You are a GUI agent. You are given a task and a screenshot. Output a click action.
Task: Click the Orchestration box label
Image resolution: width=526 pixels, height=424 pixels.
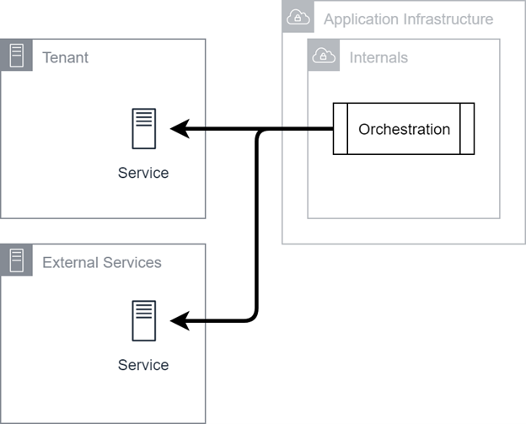pyautogui.click(x=404, y=129)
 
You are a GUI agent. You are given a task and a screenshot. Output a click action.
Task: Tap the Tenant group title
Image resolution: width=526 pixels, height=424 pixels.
pyautogui.click(x=66, y=57)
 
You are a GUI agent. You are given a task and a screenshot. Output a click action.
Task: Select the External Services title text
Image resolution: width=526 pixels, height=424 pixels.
pyautogui.click(x=102, y=262)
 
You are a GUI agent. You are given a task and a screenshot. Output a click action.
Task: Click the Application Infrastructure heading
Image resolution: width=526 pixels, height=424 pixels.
pyautogui.click(x=408, y=19)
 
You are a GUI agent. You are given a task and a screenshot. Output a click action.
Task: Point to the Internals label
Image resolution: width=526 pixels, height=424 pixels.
pyautogui.click(x=378, y=57)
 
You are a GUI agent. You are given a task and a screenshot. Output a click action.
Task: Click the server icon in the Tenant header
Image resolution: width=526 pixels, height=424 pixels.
pyautogui.click(x=17, y=56)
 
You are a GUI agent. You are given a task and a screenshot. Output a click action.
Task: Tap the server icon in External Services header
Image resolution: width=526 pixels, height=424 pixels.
pyautogui.click(x=17, y=260)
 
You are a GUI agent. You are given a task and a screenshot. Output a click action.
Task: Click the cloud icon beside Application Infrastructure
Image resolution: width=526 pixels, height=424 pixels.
pyautogui.click(x=298, y=17)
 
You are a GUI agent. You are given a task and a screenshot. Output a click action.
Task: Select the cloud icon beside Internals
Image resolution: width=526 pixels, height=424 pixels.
pyautogui.click(x=324, y=56)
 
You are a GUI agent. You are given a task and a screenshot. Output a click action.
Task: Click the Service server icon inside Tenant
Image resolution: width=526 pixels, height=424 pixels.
pyautogui.click(x=144, y=128)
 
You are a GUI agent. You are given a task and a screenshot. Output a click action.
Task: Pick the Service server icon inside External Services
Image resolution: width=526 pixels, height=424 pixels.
pyautogui.click(x=144, y=320)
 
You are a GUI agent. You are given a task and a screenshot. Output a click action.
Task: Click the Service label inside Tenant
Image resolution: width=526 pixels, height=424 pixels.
pyautogui.click(x=143, y=173)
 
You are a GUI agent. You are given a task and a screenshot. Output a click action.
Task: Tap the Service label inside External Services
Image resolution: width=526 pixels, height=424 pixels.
pyautogui.click(x=143, y=365)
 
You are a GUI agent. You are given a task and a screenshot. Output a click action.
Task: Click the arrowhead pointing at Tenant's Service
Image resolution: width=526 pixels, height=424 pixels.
pyautogui.click(x=180, y=128)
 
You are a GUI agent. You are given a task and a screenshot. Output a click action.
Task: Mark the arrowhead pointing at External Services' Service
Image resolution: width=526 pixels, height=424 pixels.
pyautogui.click(x=180, y=321)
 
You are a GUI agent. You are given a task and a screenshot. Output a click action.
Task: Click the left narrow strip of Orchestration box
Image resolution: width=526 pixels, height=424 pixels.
pyautogui.click(x=341, y=129)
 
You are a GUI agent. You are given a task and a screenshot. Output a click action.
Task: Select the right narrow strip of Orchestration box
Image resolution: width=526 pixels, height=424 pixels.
pyautogui.click(x=467, y=129)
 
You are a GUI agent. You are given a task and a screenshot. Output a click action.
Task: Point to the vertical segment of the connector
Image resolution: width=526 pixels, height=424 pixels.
pyautogui.click(x=256, y=225)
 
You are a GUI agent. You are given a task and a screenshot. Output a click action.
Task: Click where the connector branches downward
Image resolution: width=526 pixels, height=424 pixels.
pyautogui.click(x=259, y=131)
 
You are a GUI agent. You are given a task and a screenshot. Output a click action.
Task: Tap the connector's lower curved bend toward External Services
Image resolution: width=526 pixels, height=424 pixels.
pyautogui.click(x=254, y=318)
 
